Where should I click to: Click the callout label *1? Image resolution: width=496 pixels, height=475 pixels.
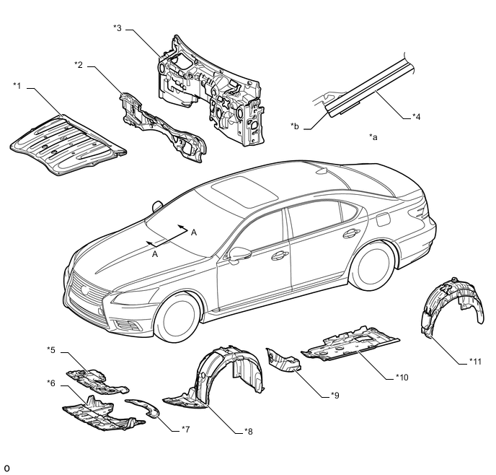click(17, 86)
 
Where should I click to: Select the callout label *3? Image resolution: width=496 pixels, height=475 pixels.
click(118, 28)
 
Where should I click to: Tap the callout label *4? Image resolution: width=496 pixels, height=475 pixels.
click(416, 117)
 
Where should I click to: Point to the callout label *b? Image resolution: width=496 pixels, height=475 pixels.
click(294, 126)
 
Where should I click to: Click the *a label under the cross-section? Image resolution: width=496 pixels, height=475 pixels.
click(373, 137)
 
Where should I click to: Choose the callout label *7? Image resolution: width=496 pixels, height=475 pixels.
click(185, 430)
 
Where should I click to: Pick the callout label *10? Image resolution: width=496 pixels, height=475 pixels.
click(402, 377)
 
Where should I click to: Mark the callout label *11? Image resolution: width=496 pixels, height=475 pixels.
click(475, 362)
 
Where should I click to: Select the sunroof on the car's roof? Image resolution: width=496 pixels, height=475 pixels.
click(244, 192)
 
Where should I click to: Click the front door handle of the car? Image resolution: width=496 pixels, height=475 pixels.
click(280, 256)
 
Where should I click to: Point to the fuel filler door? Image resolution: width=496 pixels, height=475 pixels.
click(384, 219)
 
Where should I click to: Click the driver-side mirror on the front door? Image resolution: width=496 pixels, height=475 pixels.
click(239, 255)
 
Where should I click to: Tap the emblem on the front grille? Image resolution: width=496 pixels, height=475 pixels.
click(85, 289)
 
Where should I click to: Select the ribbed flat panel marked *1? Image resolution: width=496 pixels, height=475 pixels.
click(68, 145)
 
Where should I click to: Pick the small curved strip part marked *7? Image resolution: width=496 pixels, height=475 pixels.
click(144, 407)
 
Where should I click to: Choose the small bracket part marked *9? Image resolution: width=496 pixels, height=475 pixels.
click(283, 360)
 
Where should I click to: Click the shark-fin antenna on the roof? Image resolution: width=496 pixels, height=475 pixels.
click(323, 171)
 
